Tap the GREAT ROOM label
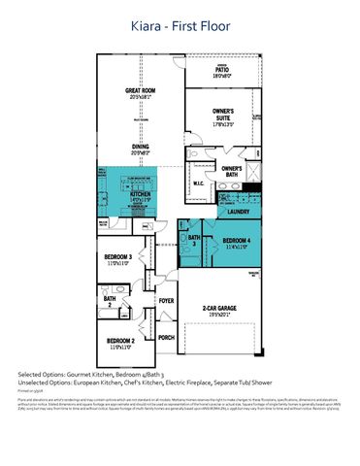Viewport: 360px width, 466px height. pyautogui.click(x=141, y=93)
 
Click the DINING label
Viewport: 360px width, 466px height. pyautogui.click(x=141, y=148)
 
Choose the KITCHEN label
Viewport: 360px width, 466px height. pyautogui.click(x=141, y=194)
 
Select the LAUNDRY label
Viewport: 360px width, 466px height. pyautogui.click(x=238, y=211)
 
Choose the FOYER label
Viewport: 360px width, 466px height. pyautogui.click(x=166, y=301)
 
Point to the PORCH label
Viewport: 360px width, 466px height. pyautogui.click(x=166, y=338)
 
